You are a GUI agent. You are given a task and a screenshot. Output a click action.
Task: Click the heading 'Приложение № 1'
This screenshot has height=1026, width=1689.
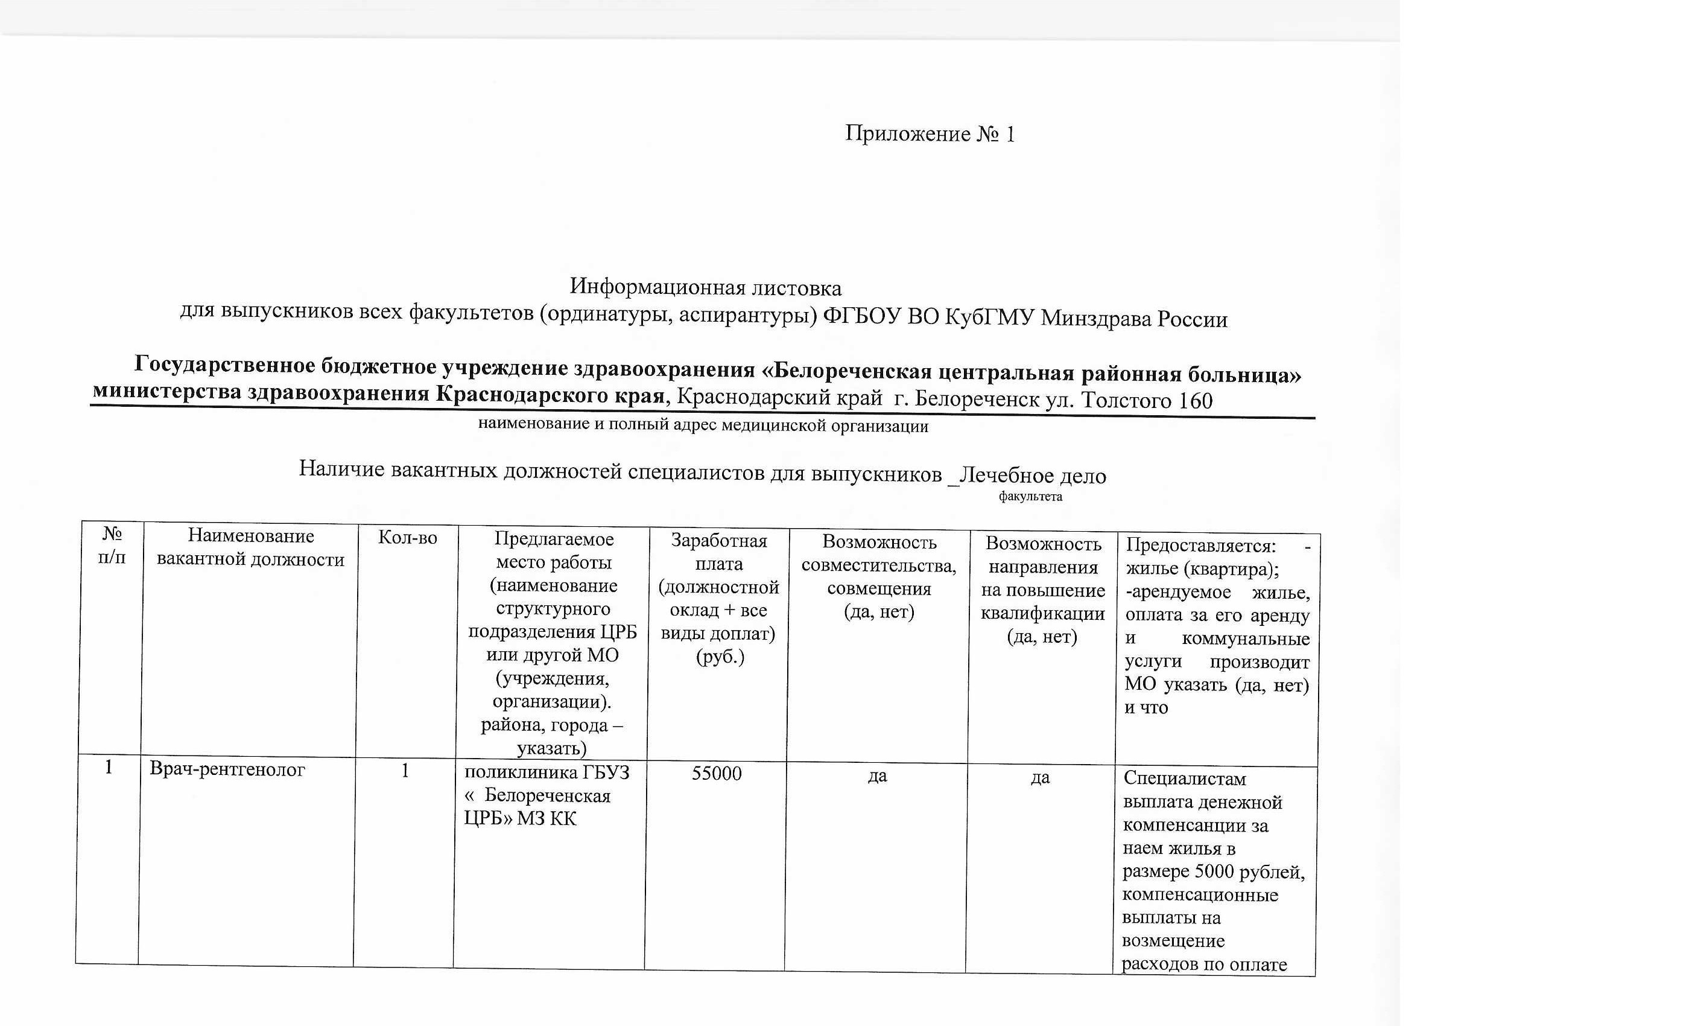(930, 134)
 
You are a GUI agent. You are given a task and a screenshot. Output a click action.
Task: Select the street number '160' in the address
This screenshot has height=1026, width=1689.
(1194, 401)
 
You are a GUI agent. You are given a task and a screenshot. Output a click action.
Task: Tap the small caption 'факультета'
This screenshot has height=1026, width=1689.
(1030, 497)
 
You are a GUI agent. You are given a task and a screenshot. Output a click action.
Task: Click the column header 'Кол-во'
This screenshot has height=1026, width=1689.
(407, 538)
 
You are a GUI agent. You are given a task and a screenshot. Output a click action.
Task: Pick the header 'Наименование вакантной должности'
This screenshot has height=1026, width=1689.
(250, 547)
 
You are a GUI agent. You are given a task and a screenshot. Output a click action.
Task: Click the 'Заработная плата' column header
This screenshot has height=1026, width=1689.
(718, 552)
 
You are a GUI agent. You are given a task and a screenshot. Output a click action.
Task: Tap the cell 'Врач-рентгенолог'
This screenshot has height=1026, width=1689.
(227, 769)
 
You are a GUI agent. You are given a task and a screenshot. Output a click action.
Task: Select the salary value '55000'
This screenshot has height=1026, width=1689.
(717, 774)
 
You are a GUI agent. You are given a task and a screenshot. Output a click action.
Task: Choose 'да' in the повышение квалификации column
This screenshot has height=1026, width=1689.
(1040, 777)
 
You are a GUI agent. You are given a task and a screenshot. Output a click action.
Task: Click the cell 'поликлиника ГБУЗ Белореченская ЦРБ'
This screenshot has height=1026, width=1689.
(547, 795)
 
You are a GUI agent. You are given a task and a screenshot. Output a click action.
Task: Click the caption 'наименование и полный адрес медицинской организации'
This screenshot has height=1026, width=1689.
(703, 425)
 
